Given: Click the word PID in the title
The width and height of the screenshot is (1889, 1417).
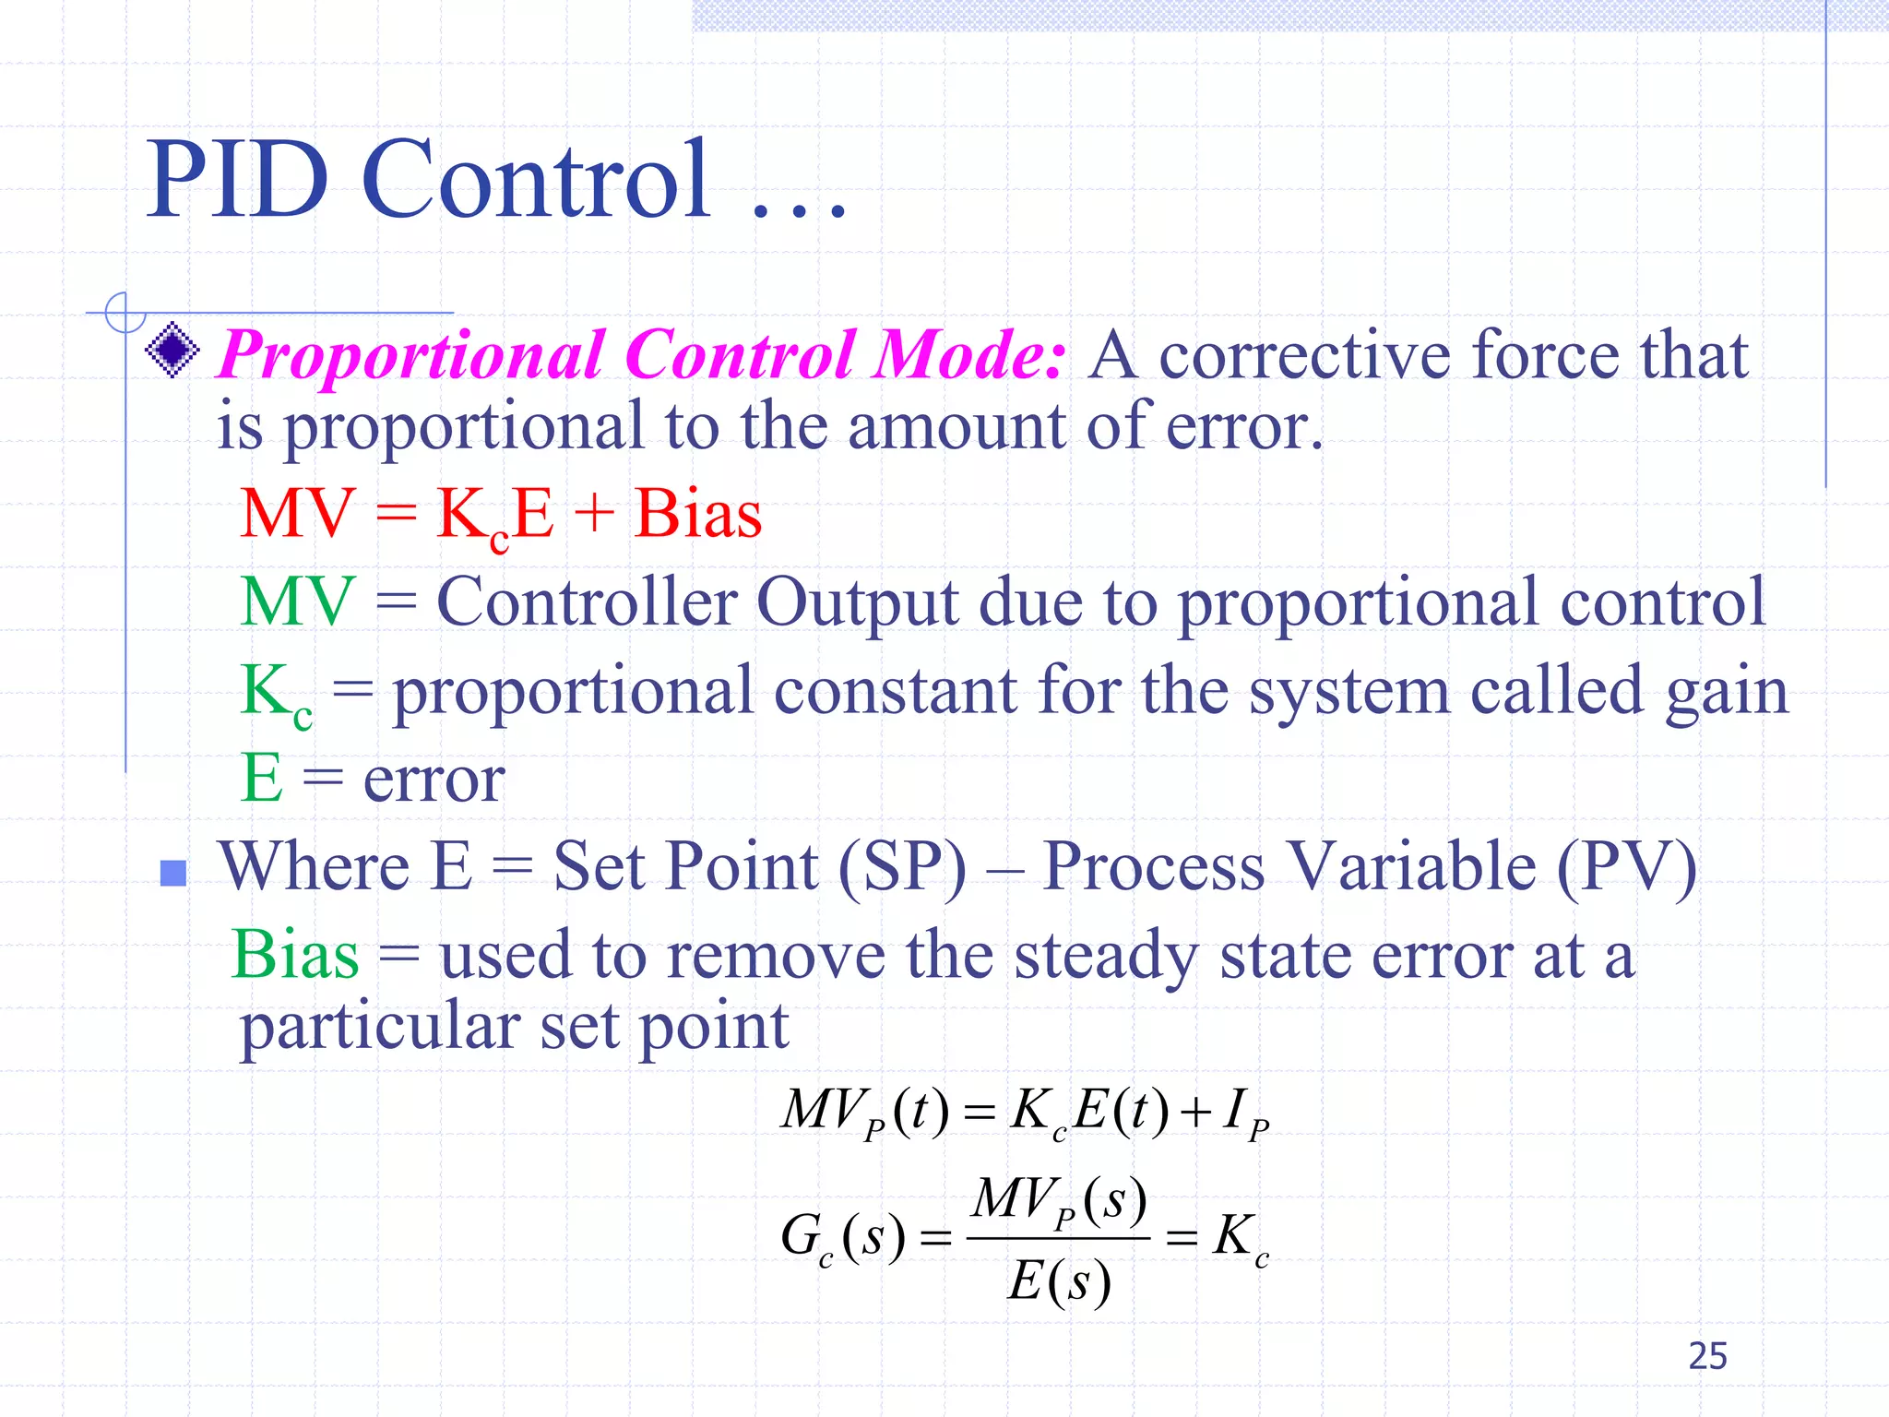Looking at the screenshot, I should (238, 180).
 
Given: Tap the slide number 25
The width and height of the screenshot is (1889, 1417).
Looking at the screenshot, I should (1707, 1356).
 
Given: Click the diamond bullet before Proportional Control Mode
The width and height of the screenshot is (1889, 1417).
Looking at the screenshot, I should (172, 351).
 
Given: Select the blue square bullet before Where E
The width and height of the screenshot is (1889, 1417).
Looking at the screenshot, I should (172, 873).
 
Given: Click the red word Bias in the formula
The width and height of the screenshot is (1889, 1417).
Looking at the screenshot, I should (698, 514).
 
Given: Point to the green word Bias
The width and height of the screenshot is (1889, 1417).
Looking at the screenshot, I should (295, 955).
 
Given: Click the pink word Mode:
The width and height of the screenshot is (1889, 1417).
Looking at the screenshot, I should (970, 355).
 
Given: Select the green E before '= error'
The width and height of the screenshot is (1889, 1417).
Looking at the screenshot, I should (261, 778).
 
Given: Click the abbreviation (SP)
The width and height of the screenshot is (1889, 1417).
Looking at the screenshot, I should (902, 867).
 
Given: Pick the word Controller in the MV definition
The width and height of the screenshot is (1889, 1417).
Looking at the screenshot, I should (587, 602).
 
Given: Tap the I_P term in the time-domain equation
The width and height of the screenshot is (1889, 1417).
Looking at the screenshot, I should (1245, 1113).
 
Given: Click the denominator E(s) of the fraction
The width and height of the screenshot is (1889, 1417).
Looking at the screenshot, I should (1059, 1282).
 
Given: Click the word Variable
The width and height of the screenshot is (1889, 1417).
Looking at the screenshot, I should (1411, 867).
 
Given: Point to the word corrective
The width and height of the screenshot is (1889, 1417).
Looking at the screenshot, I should (1304, 355).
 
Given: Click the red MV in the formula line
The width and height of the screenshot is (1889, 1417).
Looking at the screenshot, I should (297, 514).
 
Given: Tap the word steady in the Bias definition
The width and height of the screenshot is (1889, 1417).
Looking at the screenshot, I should (1106, 957).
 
